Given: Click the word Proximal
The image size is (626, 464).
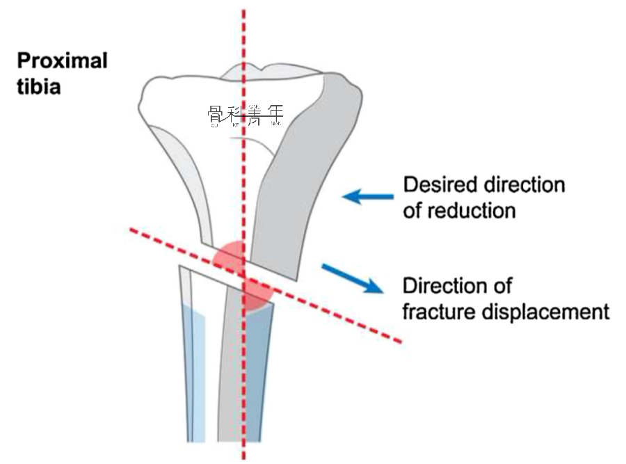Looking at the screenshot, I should tap(63, 61).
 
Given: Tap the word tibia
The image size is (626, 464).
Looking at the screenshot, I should tap(39, 88).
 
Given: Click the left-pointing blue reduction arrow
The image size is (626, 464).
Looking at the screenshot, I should tap(365, 197).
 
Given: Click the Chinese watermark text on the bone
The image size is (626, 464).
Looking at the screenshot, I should tap(245, 115).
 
